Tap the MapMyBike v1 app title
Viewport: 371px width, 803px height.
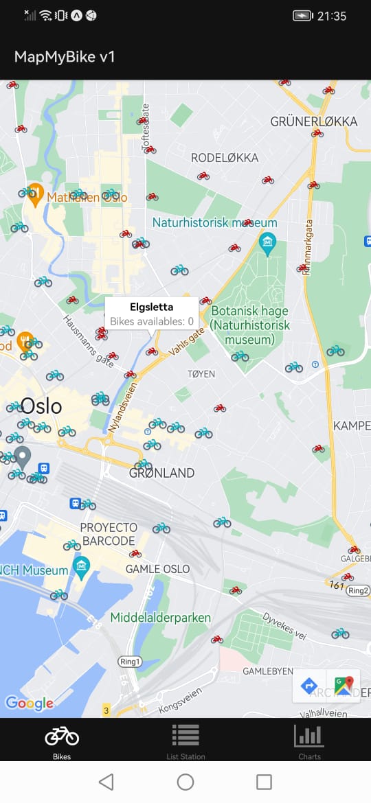pyautogui.click(x=65, y=57)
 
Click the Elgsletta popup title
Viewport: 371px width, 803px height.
pyautogui.click(x=151, y=307)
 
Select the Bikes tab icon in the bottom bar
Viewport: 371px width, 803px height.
pyautogui.click(x=62, y=736)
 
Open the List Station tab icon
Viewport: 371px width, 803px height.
pyautogui.click(x=185, y=735)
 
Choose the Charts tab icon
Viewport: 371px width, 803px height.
pyautogui.click(x=309, y=735)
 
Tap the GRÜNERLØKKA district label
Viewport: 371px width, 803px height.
pyautogui.click(x=314, y=121)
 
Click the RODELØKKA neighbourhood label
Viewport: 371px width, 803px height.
pyautogui.click(x=225, y=158)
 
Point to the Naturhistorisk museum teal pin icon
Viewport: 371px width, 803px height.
pyautogui.click(x=267, y=242)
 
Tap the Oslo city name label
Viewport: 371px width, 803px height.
pyautogui.click(x=41, y=406)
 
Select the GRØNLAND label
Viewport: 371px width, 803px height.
pyautogui.click(x=162, y=473)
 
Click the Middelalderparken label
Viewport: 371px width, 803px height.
pyautogui.click(x=161, y=618)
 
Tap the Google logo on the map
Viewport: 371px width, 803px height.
pyautogui.click(x=29, y=703)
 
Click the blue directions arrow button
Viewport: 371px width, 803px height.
pyautogui.click(x=309, y=685)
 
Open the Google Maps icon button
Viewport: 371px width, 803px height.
pyautogui.click(x=344, y=685)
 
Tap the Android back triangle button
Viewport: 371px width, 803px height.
pyautogui.click(x=106, y=782)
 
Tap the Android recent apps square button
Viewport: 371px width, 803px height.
pyautogui.click(x=264, y=782)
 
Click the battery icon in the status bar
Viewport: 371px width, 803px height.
pyautogui.click(x=303, y=16)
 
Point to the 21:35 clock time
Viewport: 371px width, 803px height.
pyautogui.click(x=332, y=16)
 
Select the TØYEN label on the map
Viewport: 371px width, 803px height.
pyautogui.click(x=201, y=374)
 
